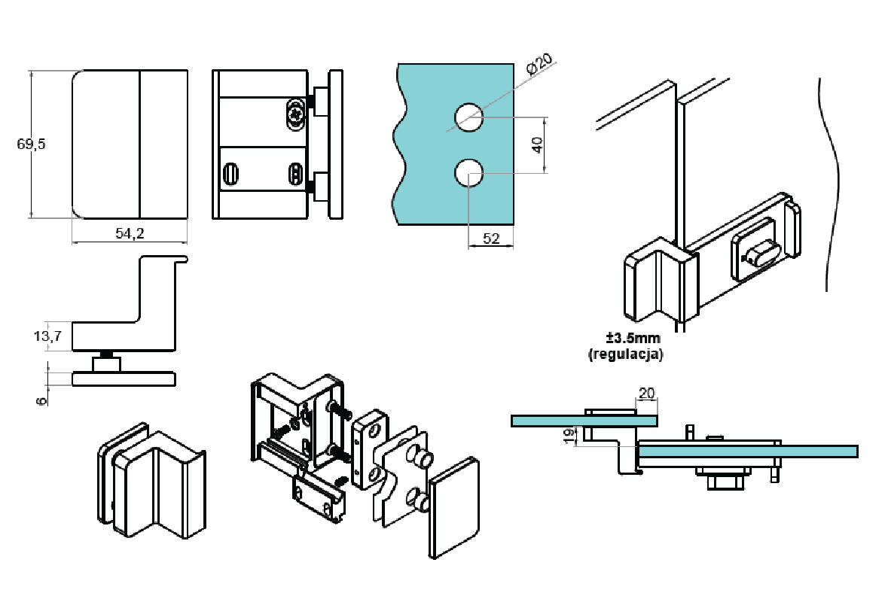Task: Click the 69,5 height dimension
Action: click(x=32, y=144)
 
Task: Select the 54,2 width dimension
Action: click(x=130, y=234)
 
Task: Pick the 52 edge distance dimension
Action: click(x=491, y=239)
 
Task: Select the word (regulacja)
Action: click(x=625, y=354)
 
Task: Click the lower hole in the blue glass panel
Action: click(x=468, y=173)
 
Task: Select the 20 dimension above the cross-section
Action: click(x=646, y=393)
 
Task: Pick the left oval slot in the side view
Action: click(x=231, y=174)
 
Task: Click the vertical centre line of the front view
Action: click(x=140, y=144)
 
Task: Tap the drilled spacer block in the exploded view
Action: click(x=369, y=449)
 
